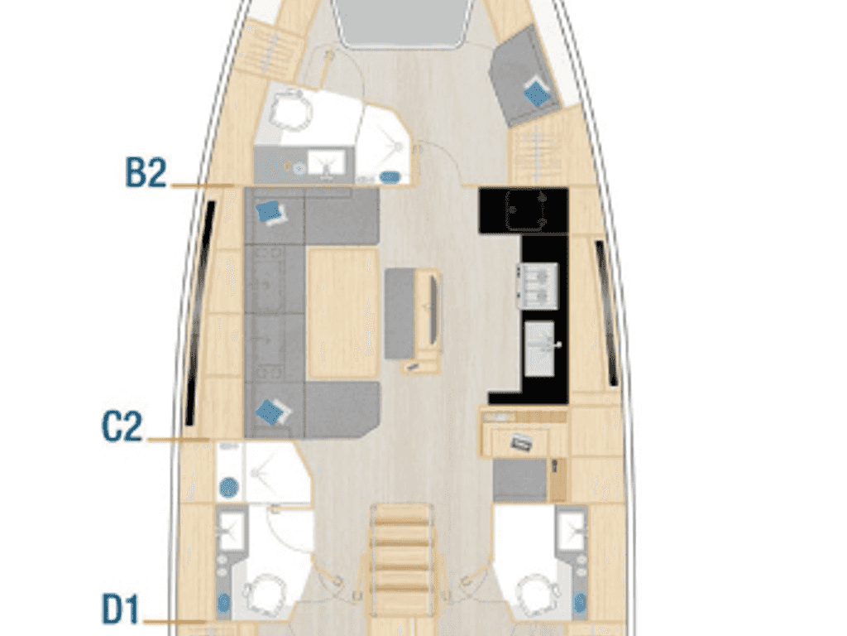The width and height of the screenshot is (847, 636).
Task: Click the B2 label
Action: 146,172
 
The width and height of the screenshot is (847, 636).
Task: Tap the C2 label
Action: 122,426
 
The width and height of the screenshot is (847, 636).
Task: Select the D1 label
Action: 121,609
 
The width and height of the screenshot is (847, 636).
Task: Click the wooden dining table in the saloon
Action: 342,313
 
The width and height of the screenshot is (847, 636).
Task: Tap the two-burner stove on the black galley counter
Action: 538,286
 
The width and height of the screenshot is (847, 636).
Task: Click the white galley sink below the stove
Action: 539,349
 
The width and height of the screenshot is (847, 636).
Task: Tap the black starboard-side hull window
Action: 607,313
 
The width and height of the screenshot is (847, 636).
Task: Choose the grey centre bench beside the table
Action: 400,312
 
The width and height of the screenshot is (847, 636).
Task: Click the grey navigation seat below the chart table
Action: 520,479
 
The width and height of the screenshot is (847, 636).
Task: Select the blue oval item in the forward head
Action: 390,177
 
